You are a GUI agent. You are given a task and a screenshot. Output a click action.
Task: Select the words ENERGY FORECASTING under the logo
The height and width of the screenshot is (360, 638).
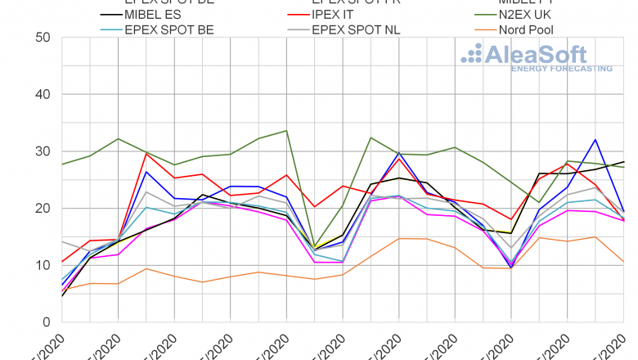(x=561, y=69)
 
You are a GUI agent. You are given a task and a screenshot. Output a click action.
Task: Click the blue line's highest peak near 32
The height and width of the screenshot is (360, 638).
(x=596, y=140)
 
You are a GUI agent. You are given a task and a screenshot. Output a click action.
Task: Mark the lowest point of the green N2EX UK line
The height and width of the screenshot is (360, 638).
(x=314, y=247)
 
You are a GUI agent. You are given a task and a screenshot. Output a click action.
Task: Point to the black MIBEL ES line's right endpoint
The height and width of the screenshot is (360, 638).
(x=625, y=162)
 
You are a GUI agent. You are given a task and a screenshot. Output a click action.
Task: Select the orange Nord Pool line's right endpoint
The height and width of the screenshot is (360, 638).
(x=625, y=262)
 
